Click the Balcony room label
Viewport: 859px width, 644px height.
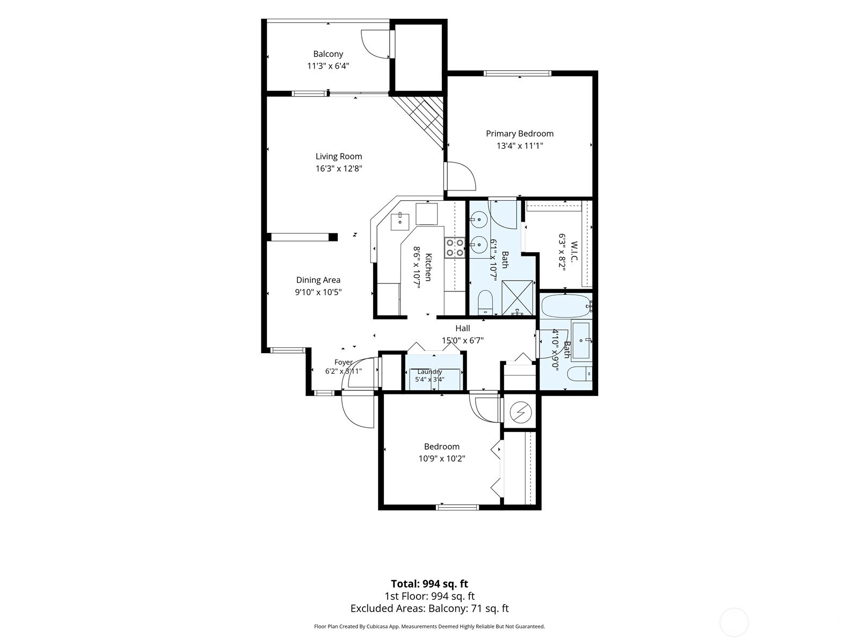tap(328, 54)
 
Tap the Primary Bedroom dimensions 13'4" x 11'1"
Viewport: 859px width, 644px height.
tap(520, 146)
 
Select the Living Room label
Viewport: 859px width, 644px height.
tap(339, 156)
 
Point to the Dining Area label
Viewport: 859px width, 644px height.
tap(318, 280)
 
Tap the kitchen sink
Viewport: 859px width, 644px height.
tap(400, 222)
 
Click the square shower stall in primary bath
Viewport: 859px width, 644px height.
tap(518, 298)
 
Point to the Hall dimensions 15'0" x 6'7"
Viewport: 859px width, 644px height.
tap(463, 341)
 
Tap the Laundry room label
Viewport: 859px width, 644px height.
tap(429, 372)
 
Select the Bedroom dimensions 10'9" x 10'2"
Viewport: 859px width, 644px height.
tap(442, 459)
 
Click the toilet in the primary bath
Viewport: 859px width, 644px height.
tap(486, 302)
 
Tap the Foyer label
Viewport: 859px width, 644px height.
tap(343, 362)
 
